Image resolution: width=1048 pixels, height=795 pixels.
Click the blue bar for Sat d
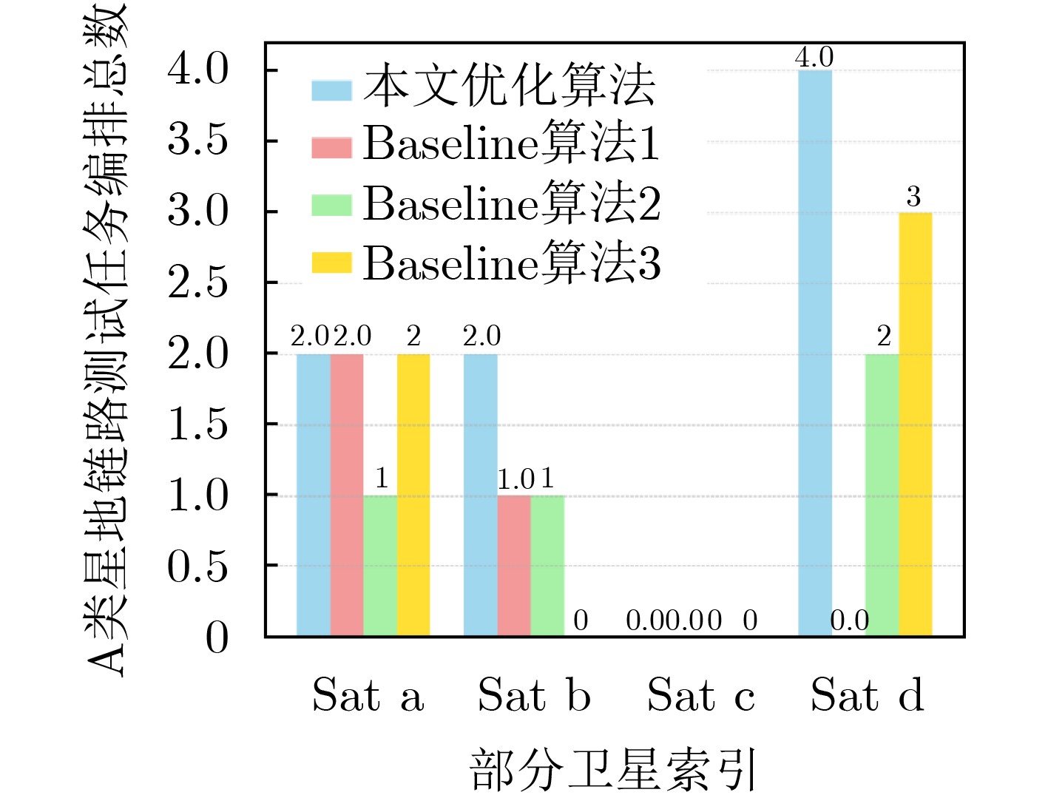pos(815,353)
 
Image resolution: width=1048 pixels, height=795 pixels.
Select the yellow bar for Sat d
pos(916,424)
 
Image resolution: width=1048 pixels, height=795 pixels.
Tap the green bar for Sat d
pos(882,495)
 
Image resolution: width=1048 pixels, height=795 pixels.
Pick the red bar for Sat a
pos(347,495)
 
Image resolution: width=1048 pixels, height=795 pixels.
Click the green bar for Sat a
pos(380,565)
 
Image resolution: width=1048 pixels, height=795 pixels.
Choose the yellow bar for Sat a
pos(413,495)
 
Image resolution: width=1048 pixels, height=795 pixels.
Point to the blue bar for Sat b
pos(481,495)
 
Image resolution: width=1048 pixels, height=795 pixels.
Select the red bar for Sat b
pos(514,565)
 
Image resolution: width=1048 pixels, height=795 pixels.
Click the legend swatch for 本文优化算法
pos(331,89)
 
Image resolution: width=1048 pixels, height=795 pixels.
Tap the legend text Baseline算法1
pos(511,142)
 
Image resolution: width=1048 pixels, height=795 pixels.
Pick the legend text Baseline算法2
pos(511,203)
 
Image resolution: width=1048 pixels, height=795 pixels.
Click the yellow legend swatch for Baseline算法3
pos(331,263)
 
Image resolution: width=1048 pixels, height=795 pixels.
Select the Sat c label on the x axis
pos(701,696)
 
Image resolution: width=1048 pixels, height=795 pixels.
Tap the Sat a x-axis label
pos(368,696)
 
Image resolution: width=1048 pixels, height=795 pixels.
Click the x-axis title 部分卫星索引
pos(613,769)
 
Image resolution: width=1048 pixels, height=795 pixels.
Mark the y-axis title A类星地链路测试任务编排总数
pos(107,340)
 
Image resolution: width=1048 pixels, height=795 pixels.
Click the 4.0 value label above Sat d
pos(814,57)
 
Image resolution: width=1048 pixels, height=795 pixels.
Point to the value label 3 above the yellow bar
pos(914,197)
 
